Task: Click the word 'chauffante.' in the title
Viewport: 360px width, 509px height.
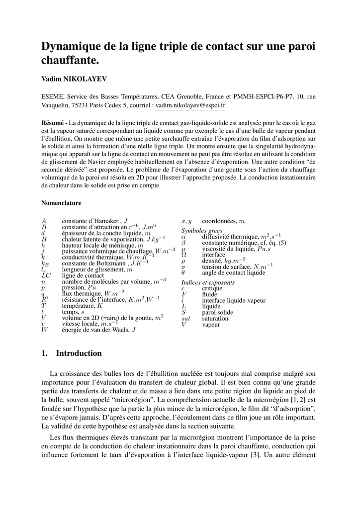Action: [70, 61]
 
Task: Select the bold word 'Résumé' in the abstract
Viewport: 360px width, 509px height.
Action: [53, 122]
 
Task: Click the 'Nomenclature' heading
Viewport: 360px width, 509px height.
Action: [61, 203]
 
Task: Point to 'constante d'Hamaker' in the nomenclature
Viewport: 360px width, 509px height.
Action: [90, 221]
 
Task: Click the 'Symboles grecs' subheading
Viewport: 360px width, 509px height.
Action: [201, 231]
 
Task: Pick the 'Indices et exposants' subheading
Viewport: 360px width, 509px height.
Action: [208, 282]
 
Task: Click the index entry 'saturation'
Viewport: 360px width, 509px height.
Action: [215, 318]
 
